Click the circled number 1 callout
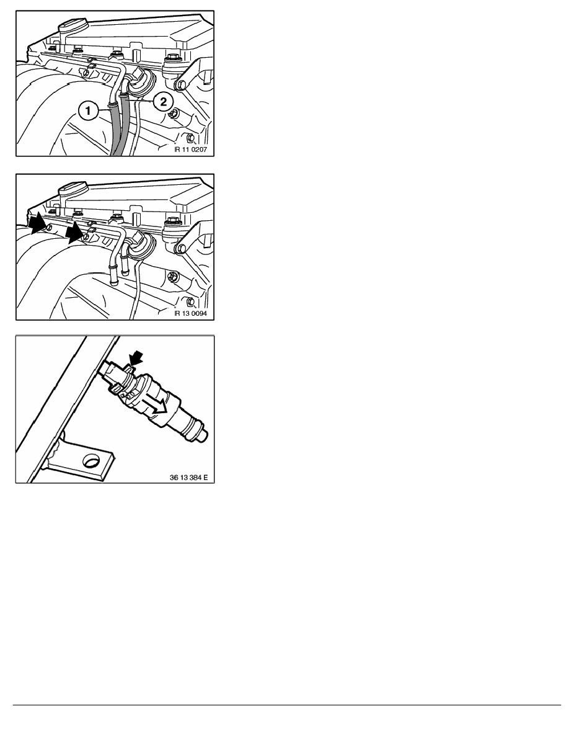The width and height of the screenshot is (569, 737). point(88,112)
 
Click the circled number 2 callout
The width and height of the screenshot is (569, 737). point(163,102)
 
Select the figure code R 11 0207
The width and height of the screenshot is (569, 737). point(191,150)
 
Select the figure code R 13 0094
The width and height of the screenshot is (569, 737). point(191,313)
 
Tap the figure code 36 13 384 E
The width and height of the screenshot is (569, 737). point(188,477)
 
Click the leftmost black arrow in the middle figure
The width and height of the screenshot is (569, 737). point(37,224)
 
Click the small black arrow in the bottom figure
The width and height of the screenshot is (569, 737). point(136,359)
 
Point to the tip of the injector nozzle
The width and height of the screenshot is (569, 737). point(204,435)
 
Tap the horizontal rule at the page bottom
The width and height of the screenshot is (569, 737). point(287,705)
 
